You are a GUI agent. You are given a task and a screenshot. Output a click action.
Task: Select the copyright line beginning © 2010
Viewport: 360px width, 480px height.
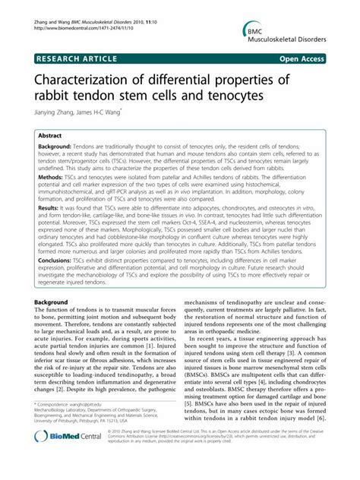220,453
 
